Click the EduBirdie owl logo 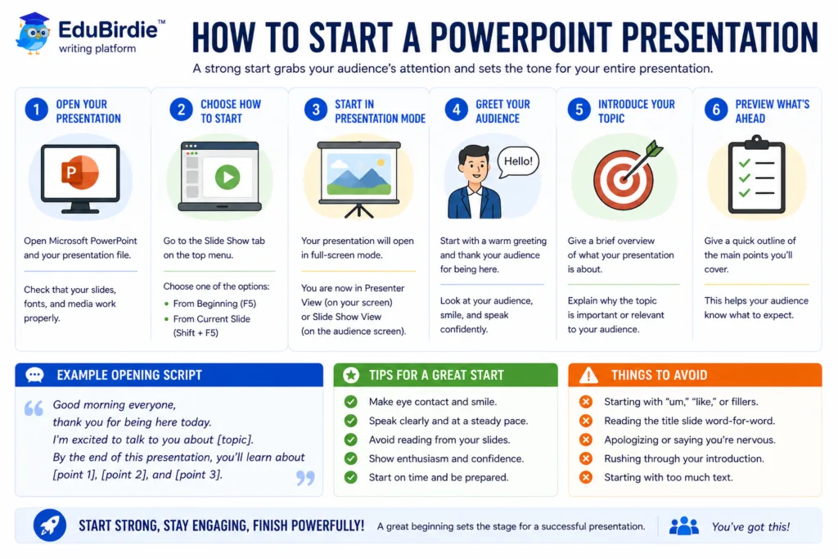(33, 33)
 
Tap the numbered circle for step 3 (316, 110)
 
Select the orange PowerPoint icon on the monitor (80, 172)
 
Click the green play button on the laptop (228, 177)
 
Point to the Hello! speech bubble (518, 162)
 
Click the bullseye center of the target (622, 180)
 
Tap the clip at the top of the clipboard (756, 142)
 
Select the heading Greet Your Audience (502, 111)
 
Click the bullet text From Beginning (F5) (214, 304)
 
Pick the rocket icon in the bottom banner (50, 525)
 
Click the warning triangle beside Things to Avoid (588, 375)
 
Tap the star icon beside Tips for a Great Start (351, 375)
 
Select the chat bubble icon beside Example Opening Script (34, 375)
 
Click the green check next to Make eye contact (350, 401)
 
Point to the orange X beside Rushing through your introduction (586, 458)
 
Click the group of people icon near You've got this (683, 526)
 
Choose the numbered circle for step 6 (716, 110)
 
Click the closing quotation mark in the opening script (306, 477)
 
